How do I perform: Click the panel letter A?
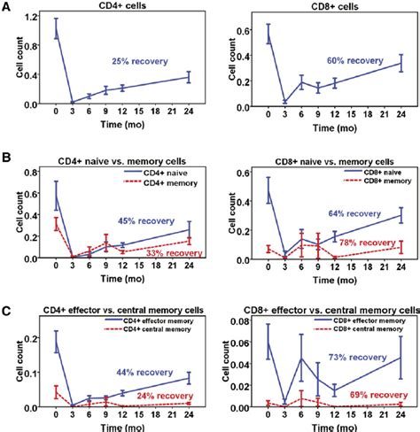pos(7,8)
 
